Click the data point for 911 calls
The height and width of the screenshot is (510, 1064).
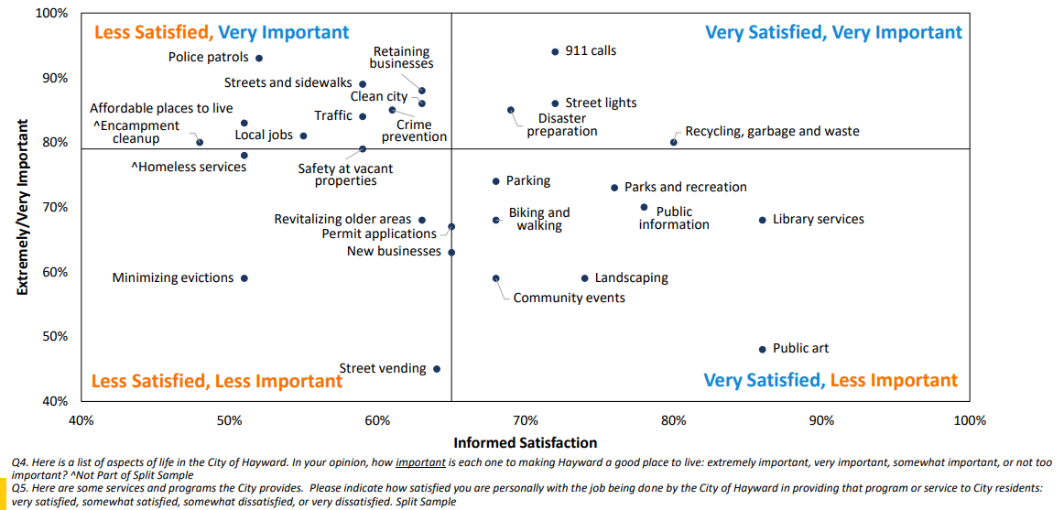click(555, 51)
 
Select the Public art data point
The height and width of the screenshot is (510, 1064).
click(762, 349)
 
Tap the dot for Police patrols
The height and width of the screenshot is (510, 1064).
click(259, 58)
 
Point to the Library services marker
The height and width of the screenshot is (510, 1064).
click(762, 220)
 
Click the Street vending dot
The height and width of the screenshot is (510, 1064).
click(437, 369)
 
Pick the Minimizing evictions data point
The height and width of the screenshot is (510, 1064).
click(244, 278)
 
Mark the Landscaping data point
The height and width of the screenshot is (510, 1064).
click(585, 278)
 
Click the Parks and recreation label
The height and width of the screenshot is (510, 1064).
click(685, 187)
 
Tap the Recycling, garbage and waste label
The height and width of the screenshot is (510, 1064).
click(772, 131)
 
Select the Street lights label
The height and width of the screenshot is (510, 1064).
click(601, 103)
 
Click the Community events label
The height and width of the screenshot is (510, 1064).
click(569, 298)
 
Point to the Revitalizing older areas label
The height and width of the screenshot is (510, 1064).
click(342, 220)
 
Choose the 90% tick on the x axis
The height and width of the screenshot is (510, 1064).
click(821, 421)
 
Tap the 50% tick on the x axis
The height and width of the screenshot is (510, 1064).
click(229, 421)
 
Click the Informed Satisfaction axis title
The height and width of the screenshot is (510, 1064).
click(525, 443)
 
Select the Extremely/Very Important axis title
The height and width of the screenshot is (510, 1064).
click(22, 208)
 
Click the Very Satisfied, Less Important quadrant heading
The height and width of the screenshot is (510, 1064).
click(830, 380)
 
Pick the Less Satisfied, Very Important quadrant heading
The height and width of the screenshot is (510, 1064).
click(221, 33)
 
